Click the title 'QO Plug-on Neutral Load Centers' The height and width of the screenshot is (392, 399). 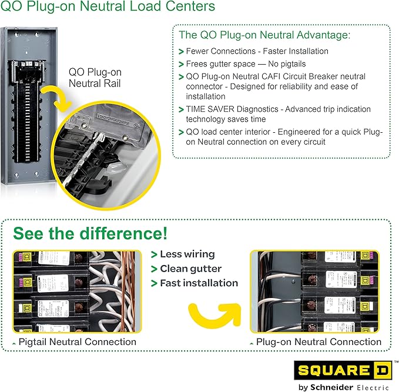(x=108, y=8)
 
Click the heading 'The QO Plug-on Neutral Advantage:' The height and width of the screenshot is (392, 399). (x=264, y=35)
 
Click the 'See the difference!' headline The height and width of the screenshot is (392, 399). (x=90, y=233)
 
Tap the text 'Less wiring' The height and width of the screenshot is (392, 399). (x=187, y=254)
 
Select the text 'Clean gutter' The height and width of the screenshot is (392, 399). (x=190, y=269)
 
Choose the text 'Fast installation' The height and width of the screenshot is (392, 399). (x=199, y=283)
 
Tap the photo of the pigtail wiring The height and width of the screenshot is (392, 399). (x=76, y=292)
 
